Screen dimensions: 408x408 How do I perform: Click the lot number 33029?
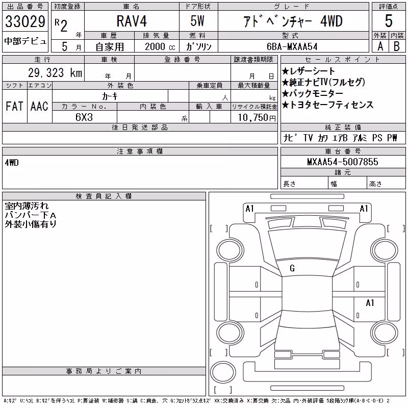[25, 21]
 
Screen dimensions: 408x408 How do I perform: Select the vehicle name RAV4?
[132, 21]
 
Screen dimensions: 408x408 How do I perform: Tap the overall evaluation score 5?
[389, 21]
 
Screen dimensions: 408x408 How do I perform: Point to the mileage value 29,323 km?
[55, 72]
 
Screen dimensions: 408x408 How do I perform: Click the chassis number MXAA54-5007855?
[342, 162]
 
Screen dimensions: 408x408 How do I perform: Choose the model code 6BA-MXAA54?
[292, 46]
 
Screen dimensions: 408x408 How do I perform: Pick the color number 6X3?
[84, 117]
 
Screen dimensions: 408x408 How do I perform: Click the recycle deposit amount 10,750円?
[257, 117]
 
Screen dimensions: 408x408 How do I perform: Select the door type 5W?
[197, 21]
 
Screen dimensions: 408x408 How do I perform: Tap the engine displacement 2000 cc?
[160, 46]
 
